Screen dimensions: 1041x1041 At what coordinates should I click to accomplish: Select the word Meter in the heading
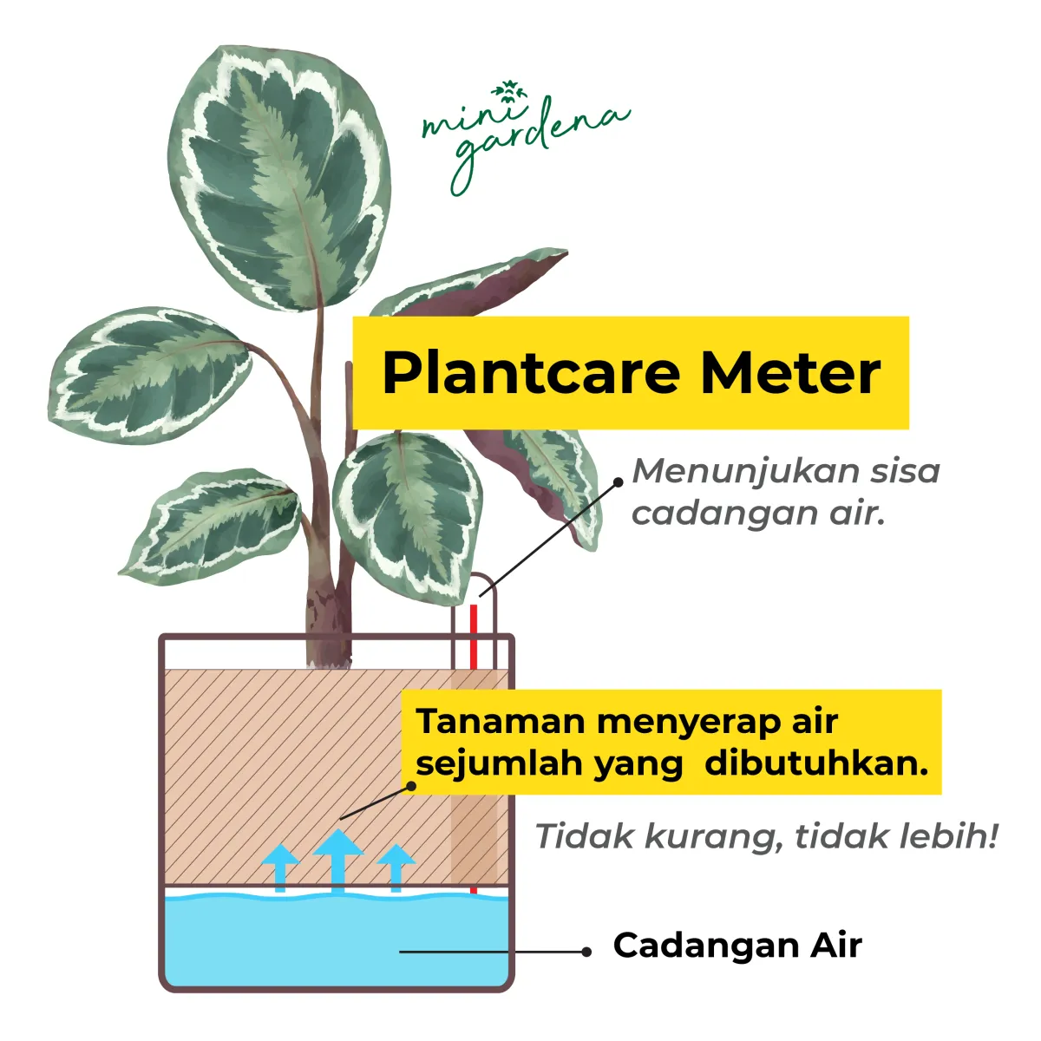pos(790,373)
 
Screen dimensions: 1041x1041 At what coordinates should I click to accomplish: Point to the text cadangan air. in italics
pos(757,513)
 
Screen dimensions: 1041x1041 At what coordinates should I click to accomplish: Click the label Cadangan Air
pos(737,945)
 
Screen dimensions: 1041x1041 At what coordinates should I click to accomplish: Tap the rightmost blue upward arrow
pos(396,866)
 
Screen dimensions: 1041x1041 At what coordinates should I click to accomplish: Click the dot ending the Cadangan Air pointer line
pos(587,952)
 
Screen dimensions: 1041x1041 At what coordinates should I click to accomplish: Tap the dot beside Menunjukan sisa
pos(618,481)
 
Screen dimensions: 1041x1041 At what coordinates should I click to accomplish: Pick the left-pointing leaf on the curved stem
pos(147,373)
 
